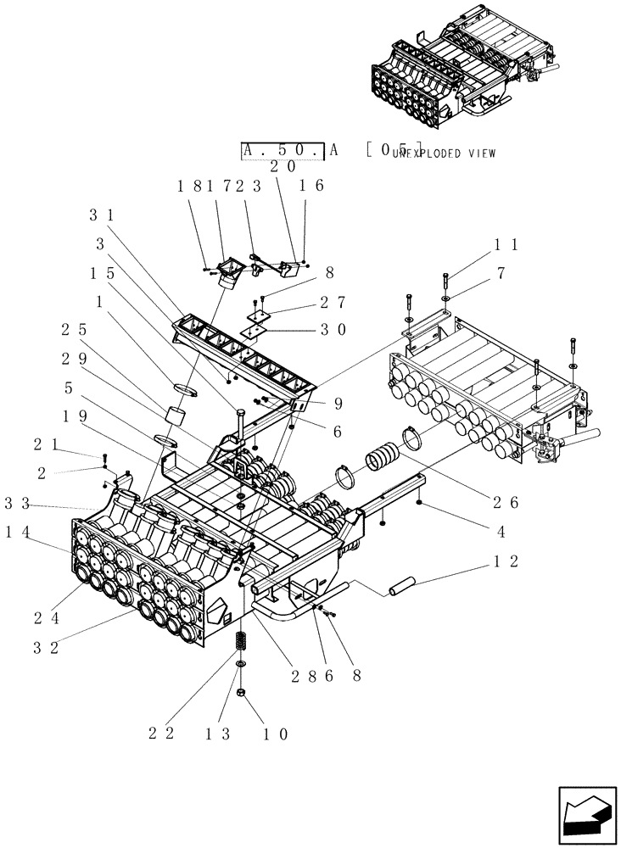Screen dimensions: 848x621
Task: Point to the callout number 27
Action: click(x=331, y=303)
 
